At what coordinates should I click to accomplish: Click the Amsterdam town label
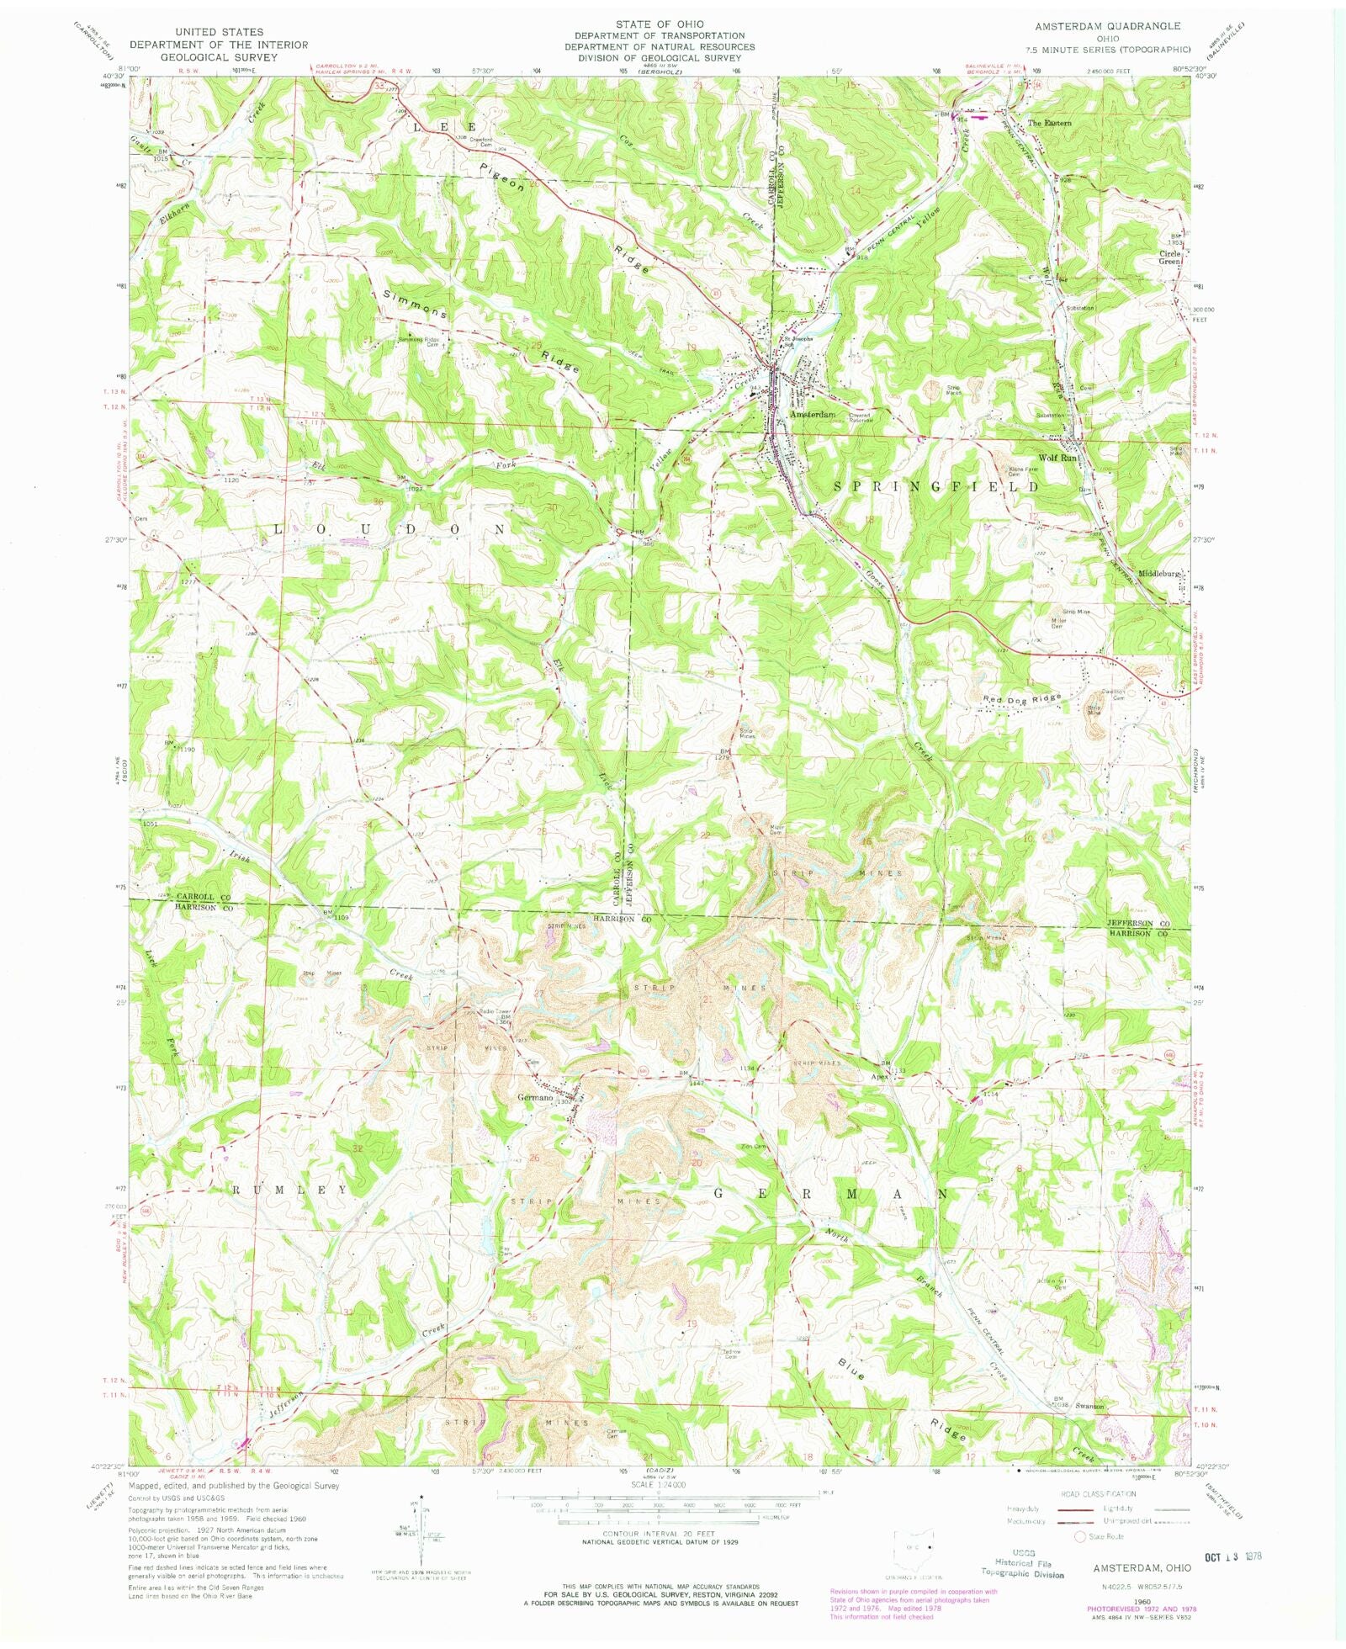tap(812, 415)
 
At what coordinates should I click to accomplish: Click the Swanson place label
tap(1089, 1406)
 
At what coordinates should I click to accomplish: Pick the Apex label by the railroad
tap(880, 1076)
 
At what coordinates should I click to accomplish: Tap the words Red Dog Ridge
tap(1023, 697)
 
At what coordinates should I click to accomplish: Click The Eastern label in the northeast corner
tap(1050, 123)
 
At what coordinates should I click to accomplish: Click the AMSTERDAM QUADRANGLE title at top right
tap(1107, 27)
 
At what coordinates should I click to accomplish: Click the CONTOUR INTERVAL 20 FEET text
tap(647, 1533)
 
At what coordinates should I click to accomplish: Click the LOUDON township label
tap(389, 529)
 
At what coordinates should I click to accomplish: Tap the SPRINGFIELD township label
tap(935, 486)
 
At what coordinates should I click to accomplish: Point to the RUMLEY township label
tap(289, 1190)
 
